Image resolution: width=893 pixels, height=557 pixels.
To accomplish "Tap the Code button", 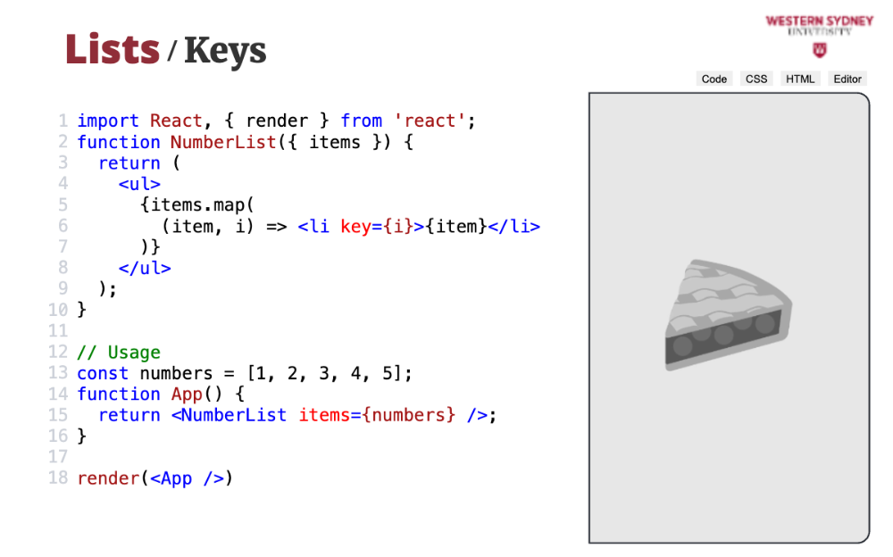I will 714,79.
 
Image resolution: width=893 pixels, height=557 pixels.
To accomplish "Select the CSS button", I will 756,79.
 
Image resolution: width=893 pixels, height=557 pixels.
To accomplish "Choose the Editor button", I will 847,79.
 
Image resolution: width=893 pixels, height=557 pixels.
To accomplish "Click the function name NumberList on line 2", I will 223,142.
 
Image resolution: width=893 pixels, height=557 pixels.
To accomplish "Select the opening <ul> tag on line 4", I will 139,184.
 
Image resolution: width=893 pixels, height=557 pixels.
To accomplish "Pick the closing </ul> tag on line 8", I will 144,268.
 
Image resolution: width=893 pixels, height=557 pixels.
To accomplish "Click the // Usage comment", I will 119,353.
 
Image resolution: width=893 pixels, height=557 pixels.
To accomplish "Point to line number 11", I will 58,331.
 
